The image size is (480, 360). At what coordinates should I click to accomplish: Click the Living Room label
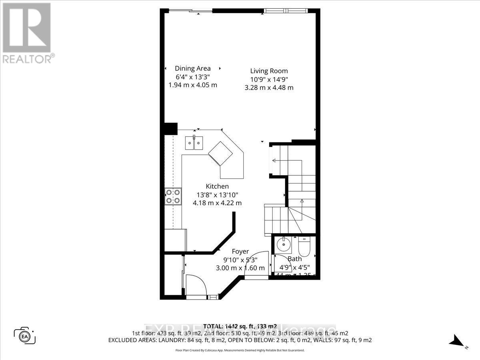click(269, 71)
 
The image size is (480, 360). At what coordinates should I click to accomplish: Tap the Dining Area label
click(193, 68)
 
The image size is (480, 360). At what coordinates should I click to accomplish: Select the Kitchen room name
click(217, 186)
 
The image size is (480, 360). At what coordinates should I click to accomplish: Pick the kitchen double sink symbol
click(194, 142)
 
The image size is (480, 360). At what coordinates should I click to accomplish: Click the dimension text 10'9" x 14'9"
click(269, 79)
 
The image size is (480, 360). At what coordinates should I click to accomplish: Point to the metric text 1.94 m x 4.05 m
click(193, 85)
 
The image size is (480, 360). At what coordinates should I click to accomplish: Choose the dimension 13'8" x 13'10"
click(217, 194)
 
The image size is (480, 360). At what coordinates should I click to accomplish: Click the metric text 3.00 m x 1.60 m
click(240, 268)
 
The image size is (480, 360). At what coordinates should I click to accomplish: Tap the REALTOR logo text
click(28, 59)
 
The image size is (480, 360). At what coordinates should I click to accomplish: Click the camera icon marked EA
click(25, 335)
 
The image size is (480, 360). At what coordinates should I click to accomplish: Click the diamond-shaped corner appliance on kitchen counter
click(220, 153)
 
